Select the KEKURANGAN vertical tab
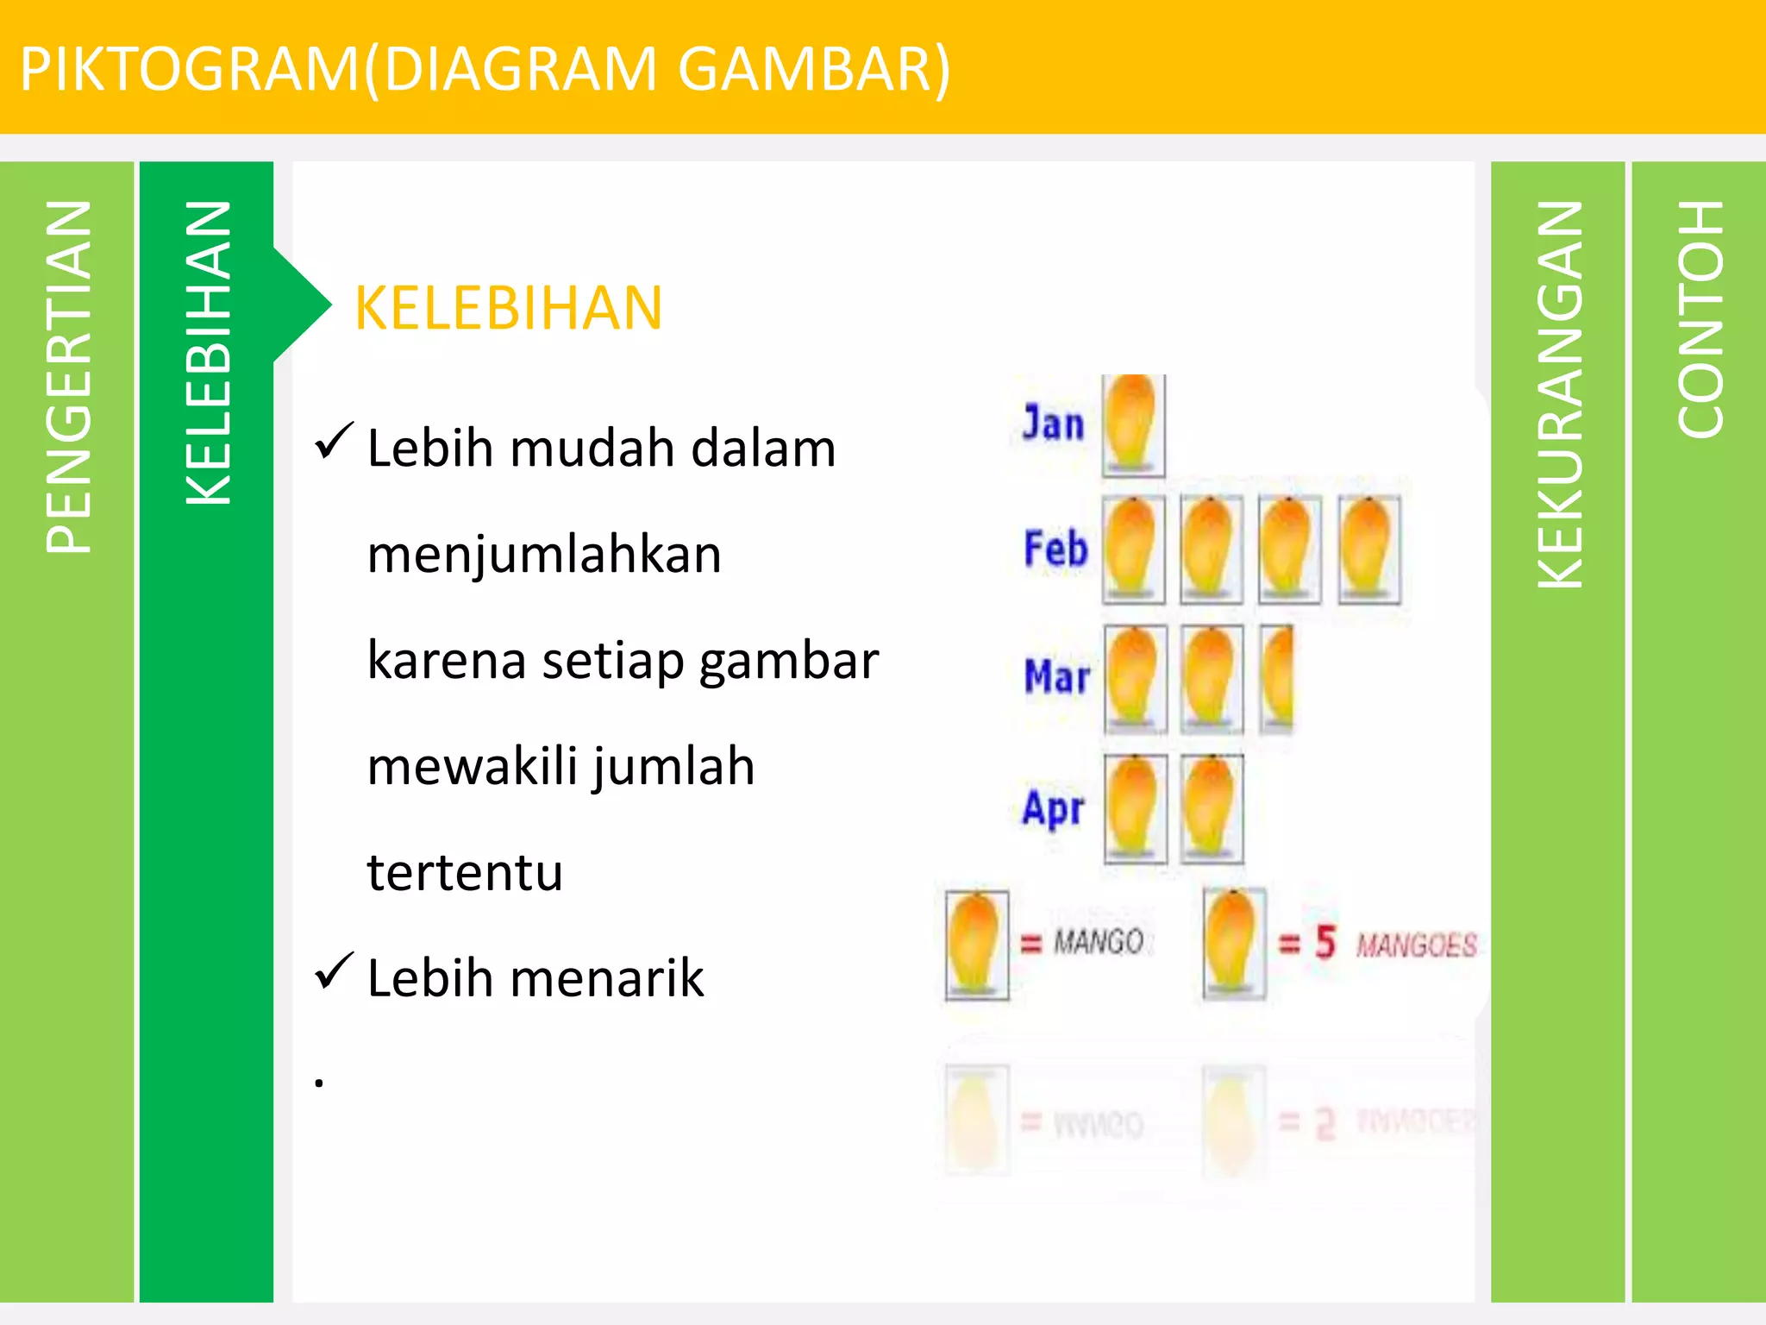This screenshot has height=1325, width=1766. pos(1560,394)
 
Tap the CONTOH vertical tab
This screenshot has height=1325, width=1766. pos(1700,319)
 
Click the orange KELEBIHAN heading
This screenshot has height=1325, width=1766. pos(509,308)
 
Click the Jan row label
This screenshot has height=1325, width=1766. pos(1053,424)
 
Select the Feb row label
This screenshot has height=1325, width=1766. pos(1055,549)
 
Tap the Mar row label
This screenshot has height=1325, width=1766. pos(1056,677)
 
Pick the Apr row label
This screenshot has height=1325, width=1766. pos(1053,808)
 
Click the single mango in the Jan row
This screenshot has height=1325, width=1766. pos(1132,425)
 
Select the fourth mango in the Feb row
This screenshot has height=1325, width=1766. pos(1368,549)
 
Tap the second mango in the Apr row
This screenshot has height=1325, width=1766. pos(1212,808)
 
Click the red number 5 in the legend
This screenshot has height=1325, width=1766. pos(1324,942)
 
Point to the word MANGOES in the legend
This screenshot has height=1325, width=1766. pos(1416,945)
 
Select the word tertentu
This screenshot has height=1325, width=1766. pos(465,872)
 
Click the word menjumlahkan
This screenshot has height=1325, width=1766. pos(544,555)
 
